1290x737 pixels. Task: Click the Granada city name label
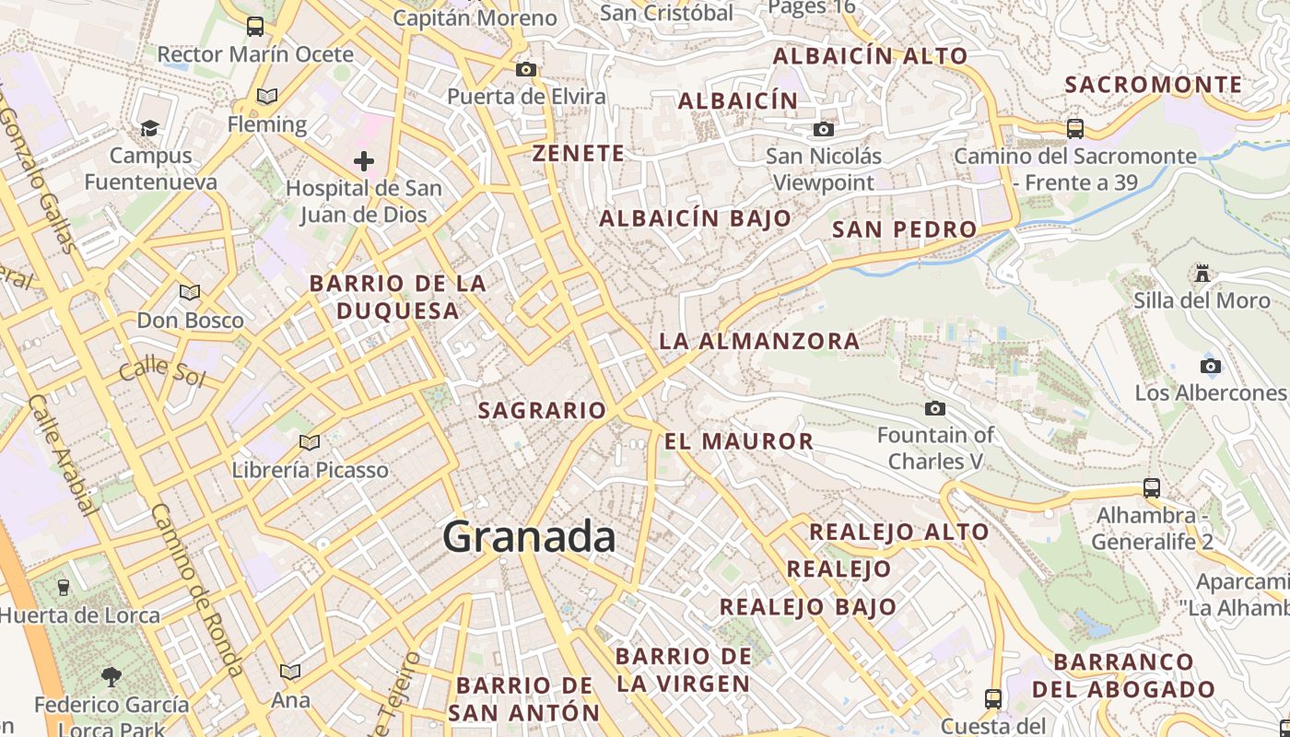529,537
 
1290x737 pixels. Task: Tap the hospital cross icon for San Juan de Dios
364,162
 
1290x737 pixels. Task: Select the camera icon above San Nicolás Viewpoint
823,129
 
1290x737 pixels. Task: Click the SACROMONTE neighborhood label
1154,85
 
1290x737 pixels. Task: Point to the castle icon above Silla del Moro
1202,274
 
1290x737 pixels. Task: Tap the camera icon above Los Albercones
1211,366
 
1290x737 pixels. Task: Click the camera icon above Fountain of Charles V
935,408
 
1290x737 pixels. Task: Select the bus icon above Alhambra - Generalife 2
1152,487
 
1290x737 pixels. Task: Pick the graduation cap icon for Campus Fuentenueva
149,128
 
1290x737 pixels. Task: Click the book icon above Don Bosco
190,293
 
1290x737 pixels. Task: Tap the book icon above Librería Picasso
310,443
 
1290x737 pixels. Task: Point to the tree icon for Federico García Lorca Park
111,677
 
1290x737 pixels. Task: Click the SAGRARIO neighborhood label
542,411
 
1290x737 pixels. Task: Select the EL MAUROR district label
739,441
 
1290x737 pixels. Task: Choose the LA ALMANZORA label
759,341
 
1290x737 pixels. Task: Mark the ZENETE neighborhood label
579,153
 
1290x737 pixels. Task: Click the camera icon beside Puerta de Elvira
526,69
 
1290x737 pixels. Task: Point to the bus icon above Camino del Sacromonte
1074,128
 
